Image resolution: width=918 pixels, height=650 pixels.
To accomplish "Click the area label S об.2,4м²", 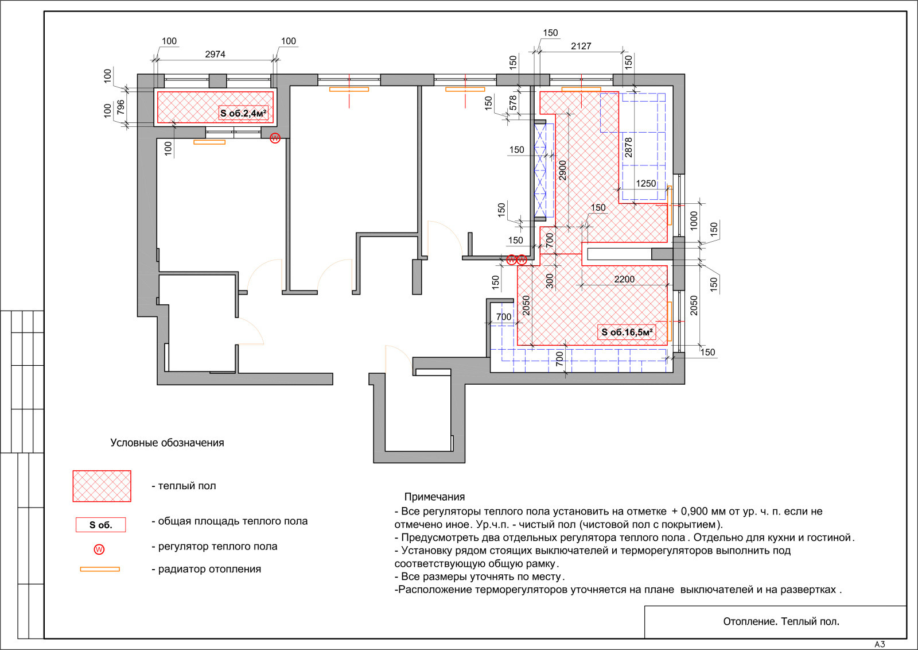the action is pyautogui.click(x=243, y=113).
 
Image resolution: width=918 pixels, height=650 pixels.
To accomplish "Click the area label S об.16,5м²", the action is pyautogui.click(x=627, y=332).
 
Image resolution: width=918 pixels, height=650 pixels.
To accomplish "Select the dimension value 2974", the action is pyautogui.click(x=215, y=54).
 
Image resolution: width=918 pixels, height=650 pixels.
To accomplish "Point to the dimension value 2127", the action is pyautogui.click(x=581, y=46).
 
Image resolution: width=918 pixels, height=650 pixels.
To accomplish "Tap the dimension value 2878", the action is pyautogui.click(x=628, y=147).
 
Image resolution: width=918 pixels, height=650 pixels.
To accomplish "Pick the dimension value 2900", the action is pyautogui.click(x=563, y=170).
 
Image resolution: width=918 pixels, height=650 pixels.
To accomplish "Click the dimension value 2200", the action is pyautogui.click(x=624, y=279).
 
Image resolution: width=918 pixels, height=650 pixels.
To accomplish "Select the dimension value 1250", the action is pyautogui.click(x=646, y=183).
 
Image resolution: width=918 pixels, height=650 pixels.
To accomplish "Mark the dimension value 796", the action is pyautogui.click(x=120, y=107).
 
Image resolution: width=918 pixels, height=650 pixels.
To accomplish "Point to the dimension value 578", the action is pyautogui.click(x=513, y=103).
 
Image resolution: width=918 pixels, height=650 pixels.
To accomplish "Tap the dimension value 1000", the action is pyautogui.click(x=694, y=220).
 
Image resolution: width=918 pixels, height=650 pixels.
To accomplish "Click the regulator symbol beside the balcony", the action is pyautogui.click(x=275, y=138).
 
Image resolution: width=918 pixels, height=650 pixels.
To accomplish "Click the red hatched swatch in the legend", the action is pyautogui.click(x=102, y=486).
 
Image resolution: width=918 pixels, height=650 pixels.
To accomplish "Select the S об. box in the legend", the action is pyautogui.click(x=101, y=525).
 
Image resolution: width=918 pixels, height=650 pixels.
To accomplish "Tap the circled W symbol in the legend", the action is pyautogui.click(x=99, y=550).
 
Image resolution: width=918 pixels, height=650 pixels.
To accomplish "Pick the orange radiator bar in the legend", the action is pyautogui.click(x=100, y=569).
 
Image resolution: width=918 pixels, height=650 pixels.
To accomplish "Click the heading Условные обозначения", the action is pyautogui.click(x=167, y=443).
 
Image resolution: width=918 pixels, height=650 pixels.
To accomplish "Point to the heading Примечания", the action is pyautogui.click(x=434, y=497).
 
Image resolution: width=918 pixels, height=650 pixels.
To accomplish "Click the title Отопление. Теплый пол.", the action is pyautogui.click(x=781, y=622).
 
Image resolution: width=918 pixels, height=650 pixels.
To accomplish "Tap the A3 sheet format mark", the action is pyautogui.click(x=880, y=645).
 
